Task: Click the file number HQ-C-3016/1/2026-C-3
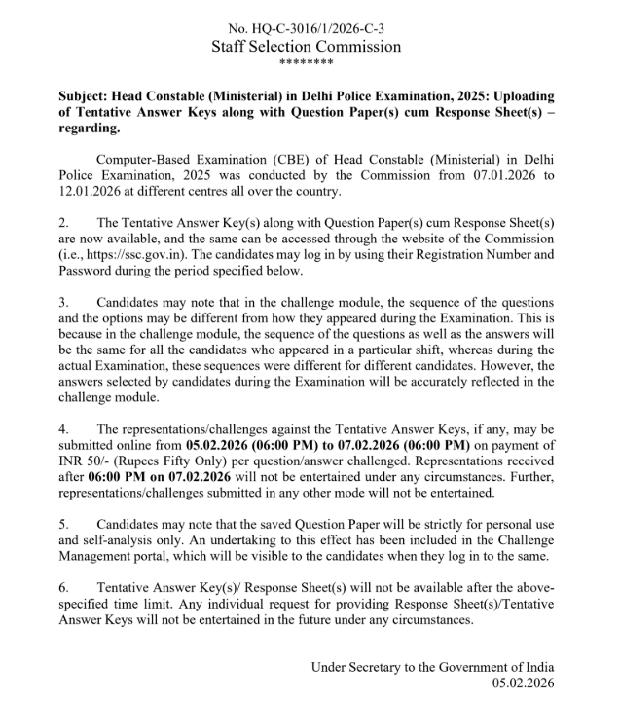coord(306,28)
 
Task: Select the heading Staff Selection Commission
coord(306,46)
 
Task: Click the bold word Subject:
coord(84,96)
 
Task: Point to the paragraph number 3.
coord(64,302)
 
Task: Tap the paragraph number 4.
coord(64,428)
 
